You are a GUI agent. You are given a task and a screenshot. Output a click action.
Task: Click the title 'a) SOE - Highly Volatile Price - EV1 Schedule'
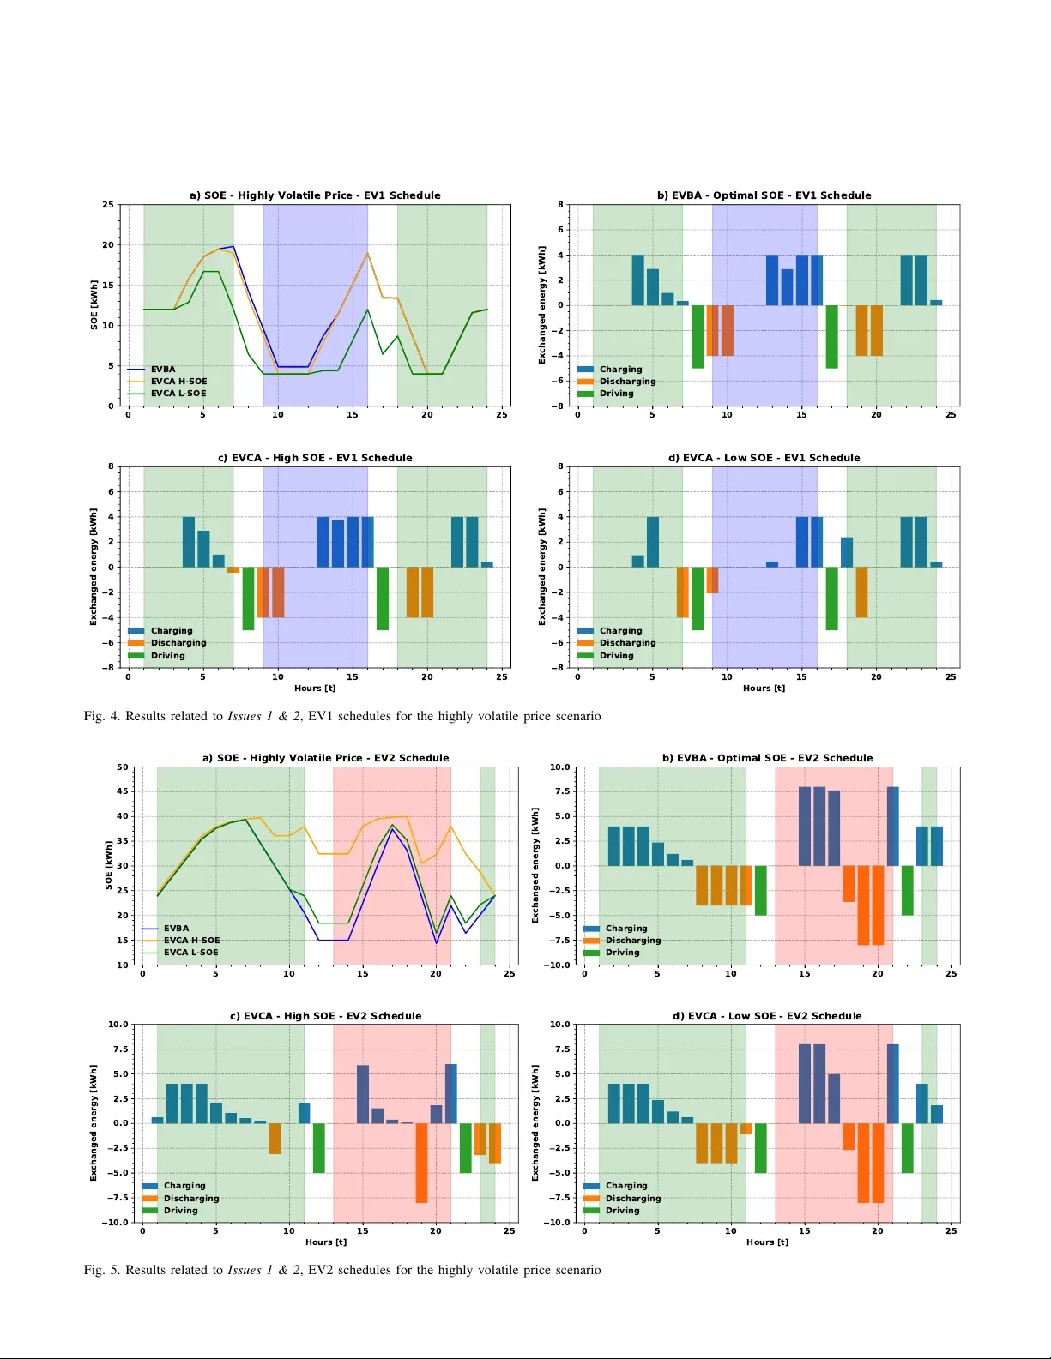[315, 195]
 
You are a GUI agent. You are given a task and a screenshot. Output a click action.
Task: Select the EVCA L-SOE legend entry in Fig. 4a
[178, 394]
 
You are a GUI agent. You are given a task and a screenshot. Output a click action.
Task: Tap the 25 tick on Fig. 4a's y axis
[108, 205]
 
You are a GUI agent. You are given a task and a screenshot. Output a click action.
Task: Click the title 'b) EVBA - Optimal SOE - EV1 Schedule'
[764, 195]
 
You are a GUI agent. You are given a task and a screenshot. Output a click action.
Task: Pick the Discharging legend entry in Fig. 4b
[626, 382]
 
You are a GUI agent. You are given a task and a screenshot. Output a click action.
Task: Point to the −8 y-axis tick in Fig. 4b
[558, 406]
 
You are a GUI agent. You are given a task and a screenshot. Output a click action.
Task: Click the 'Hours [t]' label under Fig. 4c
[315, 689]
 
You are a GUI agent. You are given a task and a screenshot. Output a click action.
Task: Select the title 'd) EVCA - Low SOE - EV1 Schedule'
[764, 458]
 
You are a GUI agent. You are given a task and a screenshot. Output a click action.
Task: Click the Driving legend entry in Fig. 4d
[616, 656]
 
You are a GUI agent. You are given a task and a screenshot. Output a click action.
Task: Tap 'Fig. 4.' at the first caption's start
[101, 716]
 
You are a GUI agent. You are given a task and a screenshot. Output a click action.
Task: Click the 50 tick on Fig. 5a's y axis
[123, 767]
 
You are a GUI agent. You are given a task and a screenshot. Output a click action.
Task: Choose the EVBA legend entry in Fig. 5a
[176, 929]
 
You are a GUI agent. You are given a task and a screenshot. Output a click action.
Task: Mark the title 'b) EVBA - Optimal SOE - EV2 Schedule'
[767, 758]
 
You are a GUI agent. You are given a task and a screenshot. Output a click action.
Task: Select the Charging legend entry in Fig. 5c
[184, 1186]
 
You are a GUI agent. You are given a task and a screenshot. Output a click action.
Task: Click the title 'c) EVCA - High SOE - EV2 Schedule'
[326, 1016]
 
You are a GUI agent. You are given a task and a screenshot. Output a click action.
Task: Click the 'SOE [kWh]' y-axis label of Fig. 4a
[94, 304]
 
